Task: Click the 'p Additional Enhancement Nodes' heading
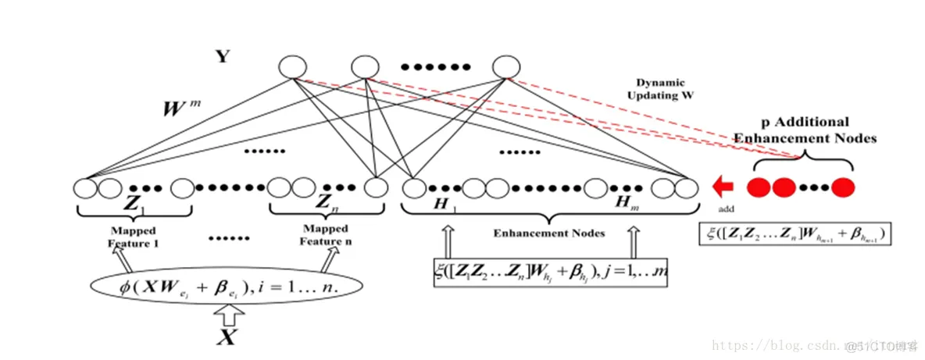click(x=805, y=130)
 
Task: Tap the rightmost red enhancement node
click(x=842, y=188)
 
